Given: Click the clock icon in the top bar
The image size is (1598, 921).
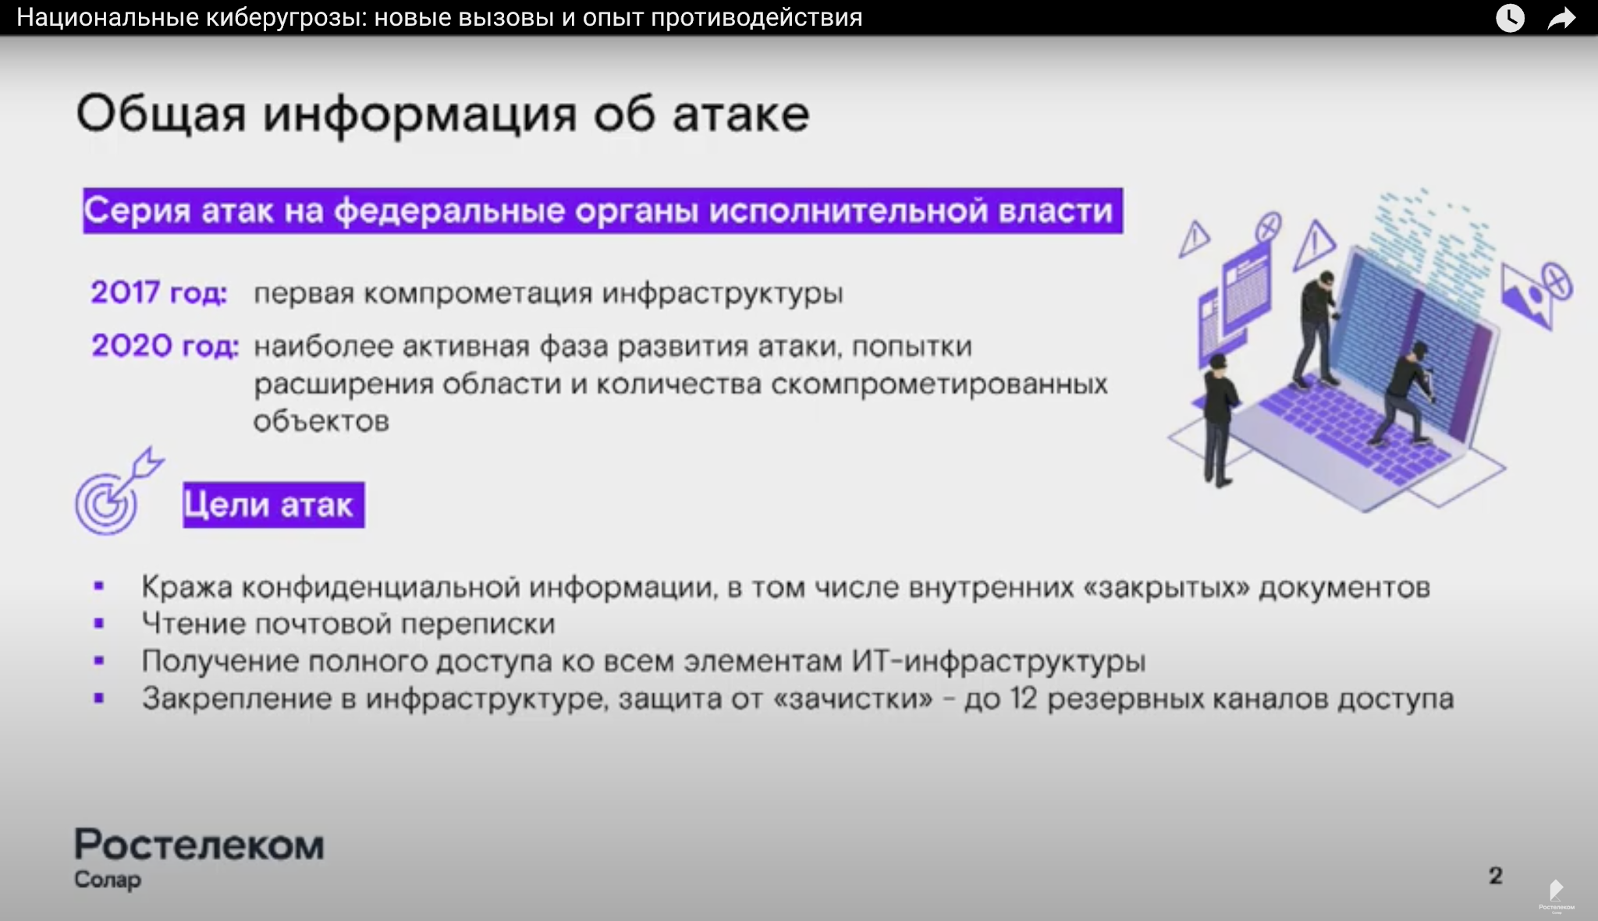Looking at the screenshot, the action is click(1510, 17).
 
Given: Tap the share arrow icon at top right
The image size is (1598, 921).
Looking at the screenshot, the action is click(1562, 18).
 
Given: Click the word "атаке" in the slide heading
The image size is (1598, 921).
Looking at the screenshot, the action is click(740, 114).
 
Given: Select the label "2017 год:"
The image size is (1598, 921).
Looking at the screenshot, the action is click(159, 292).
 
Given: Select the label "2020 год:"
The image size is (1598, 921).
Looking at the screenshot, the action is click(165, 345).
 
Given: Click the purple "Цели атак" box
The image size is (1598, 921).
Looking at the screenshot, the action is click(274, 505).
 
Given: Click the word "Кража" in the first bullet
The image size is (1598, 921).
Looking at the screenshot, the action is click(187, 587).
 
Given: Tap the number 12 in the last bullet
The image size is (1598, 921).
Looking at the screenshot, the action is click(1023, 699).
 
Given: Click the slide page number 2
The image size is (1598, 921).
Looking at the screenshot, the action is click(1495, 876).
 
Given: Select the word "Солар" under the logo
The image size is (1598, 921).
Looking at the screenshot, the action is click(108, 880).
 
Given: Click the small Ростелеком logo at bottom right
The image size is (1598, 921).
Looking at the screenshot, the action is click(1556, 895).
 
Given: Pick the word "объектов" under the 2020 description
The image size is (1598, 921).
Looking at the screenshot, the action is click(321, 421).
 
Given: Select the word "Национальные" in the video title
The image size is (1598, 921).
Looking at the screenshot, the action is click(108, 17).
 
